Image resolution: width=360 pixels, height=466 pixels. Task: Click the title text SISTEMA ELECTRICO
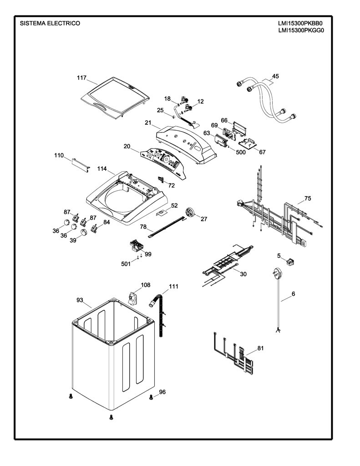tap(50, 23)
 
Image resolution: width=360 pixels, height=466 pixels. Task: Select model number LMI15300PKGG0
tap(301, 30)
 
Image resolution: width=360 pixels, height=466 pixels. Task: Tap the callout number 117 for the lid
tap(81, 78)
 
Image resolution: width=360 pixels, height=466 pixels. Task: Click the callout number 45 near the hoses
tap(275, 76)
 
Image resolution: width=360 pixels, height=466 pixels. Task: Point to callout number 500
tap(240, 152)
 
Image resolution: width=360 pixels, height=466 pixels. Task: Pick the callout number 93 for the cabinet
tap(80, 300)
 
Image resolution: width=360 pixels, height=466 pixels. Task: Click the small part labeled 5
tap(289, 262)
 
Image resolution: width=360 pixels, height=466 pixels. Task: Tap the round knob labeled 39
tap(84, 232)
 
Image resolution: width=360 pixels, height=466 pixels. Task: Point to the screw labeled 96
tap(151, 396)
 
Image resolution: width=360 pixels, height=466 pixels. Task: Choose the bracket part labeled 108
tap(132, 298)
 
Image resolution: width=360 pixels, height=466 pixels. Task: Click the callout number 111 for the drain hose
tap(173, 286)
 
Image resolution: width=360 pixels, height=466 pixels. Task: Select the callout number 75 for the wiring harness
tap(308, 198)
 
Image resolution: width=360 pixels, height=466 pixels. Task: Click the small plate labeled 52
tap(162, 213)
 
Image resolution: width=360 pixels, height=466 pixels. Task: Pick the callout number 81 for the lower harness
tap(260, 348)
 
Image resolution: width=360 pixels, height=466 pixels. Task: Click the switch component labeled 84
tap(95, 228)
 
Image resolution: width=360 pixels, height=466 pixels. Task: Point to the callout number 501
tap(126, 263)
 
